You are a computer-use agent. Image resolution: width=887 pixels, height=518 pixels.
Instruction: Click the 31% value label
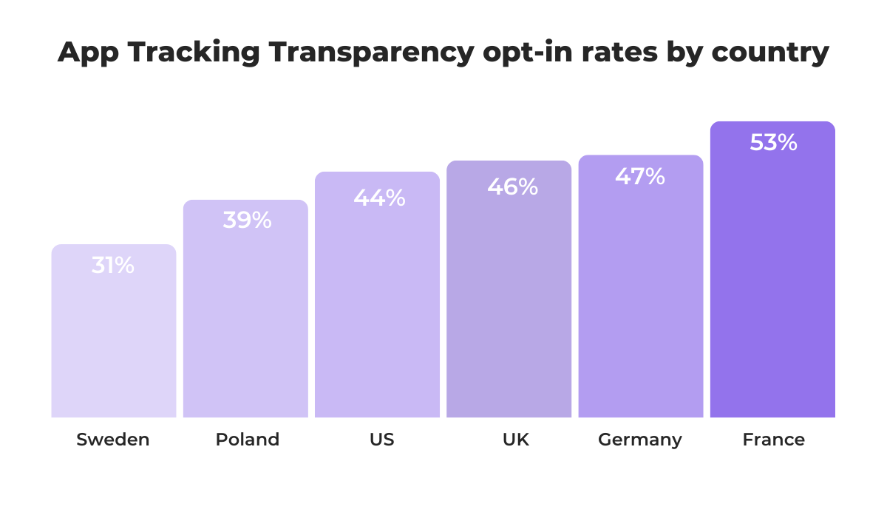(x=113, y=266)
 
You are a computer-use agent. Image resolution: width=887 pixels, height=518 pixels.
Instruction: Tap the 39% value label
(x=247, y=220)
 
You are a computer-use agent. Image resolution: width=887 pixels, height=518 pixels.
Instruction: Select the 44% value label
(x=379, y=198)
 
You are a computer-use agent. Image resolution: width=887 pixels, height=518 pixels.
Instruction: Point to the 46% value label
(x=512, y=186)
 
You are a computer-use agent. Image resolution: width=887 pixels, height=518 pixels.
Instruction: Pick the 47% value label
(x=640, y=176)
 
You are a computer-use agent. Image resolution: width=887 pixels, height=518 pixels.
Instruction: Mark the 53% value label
(x=773, y=142)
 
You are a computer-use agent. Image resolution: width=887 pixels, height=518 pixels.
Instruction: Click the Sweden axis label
(x=113, y=440)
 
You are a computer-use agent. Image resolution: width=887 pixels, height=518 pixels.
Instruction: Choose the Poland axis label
(x=248, y=440)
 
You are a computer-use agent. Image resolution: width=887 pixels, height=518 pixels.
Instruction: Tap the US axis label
(x=382, y=440)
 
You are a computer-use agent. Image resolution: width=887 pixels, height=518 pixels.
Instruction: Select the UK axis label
(x=516, y=440)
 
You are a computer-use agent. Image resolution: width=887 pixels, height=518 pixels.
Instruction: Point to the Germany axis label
(x=640, y=440)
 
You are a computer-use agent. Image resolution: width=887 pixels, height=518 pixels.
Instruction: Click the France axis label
(x=774, y=440)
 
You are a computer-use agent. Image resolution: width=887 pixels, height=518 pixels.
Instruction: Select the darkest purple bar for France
(x=772, y=296)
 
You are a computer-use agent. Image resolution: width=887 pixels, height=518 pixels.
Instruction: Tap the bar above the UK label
(x=509, y=311)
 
